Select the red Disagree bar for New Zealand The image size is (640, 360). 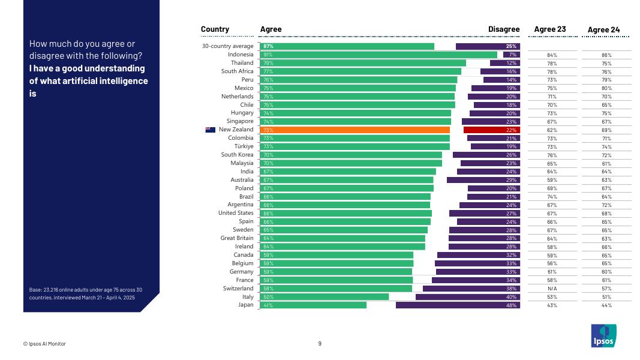(491, 130)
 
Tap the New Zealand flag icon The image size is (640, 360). (210, 130)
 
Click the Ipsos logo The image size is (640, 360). (602, 335)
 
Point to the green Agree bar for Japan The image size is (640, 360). (313, 305)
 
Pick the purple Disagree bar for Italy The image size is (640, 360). (467, 296)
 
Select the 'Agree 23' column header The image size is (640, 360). (549, 29)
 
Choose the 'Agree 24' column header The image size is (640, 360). (603, 29)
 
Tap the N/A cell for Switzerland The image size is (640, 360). (552, 289)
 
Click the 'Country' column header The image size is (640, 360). (215, 29)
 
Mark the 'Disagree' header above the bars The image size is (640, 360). (503, 29)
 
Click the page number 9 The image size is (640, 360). (320, 344)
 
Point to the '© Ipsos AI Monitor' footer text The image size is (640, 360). (44, 344)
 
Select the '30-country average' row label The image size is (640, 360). (227, 46)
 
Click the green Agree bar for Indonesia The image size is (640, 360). (378, 55)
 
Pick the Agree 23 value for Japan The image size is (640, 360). (552, 305)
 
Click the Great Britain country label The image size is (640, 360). (237, 238)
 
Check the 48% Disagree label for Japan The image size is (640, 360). (512, 305)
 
